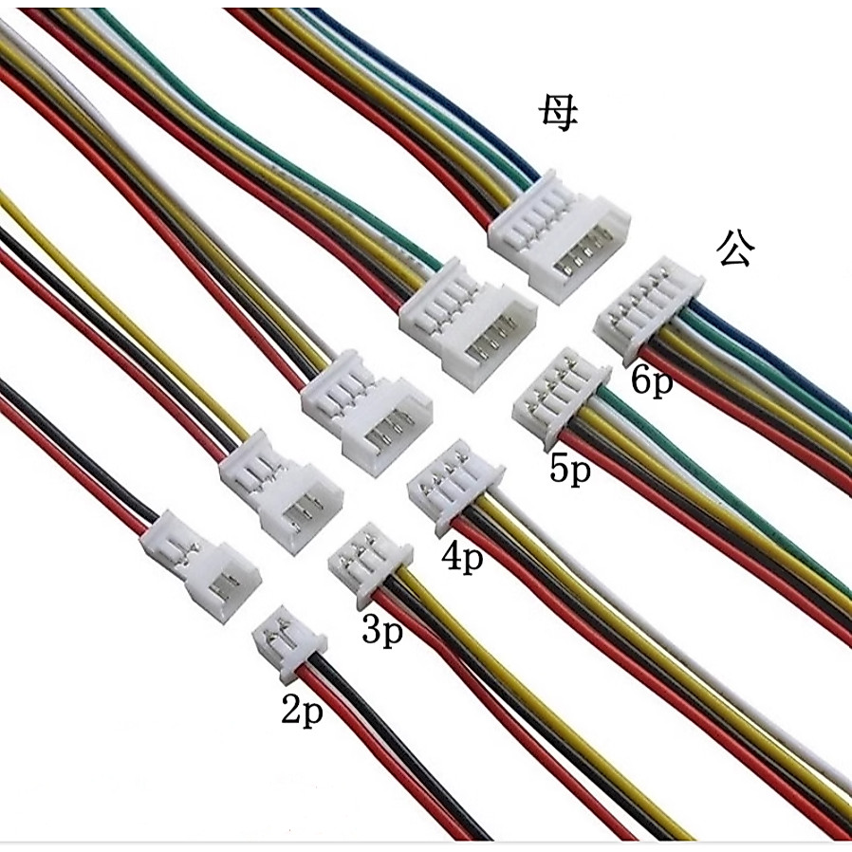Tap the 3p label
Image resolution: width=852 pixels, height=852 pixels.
[x=382, y=630]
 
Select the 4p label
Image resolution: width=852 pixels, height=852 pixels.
[x=462, y=557]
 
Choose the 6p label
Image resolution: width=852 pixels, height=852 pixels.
[x=652, y=380]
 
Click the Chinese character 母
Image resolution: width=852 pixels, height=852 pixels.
[x=558, y=114]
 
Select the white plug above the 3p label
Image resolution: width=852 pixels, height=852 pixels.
[x=371, y=565]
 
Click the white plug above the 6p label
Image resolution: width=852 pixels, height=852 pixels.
[x=649, y=309]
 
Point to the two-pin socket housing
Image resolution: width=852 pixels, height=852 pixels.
[x=200, y=567]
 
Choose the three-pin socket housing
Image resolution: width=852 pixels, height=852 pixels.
[x=281, y=491]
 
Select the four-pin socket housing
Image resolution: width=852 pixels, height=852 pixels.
[x=366, y=413]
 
